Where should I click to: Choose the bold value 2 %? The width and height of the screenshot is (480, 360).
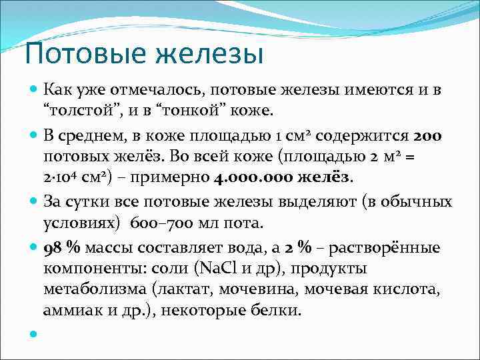coord(297,247)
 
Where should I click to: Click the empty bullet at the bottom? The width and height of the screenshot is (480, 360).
coord(33,333)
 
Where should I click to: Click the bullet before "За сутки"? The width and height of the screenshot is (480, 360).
coord(33,201)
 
